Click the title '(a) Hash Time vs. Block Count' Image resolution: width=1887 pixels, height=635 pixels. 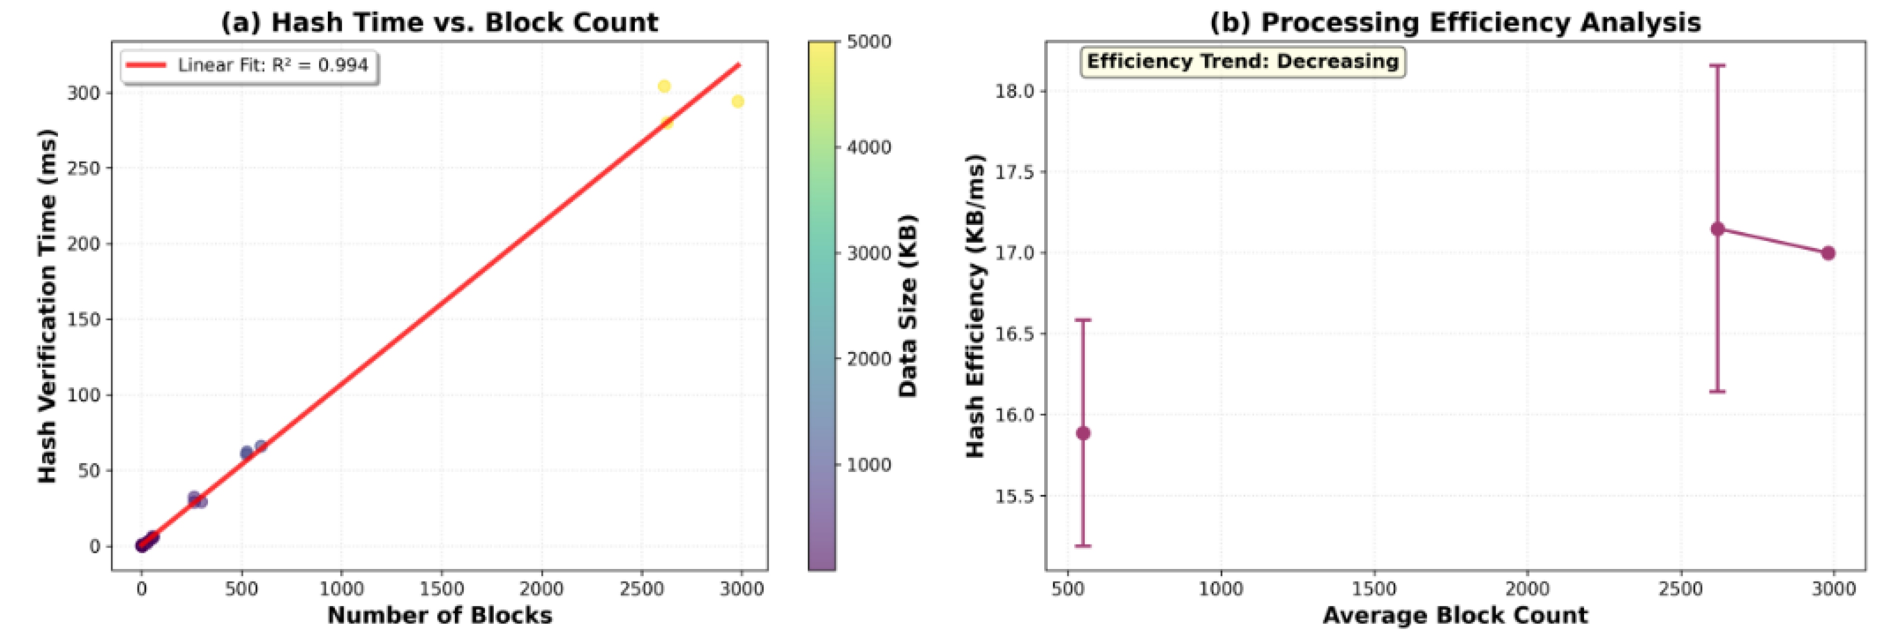[x=439, y=22]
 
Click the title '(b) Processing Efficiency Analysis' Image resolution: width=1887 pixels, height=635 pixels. [x=1455, y=22]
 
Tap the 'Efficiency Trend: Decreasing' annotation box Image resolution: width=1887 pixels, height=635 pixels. [x=1242, y=61]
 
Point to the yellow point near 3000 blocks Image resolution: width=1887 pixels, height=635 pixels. [x=738, y=102]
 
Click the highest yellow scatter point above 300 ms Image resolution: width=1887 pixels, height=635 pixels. [x=664, y=86]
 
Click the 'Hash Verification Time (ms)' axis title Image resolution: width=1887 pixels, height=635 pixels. [x=47, y=306]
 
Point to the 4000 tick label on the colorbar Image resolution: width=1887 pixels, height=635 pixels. [x=869, y=147]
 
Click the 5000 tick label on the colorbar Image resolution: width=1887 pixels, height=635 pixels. [x=869, y=41]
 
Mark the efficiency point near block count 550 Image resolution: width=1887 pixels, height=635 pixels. [x=1083, y=433]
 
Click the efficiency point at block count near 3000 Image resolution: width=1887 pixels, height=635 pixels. [x=1828, y=253]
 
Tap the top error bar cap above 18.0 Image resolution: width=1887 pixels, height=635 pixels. [x=1717, y=66]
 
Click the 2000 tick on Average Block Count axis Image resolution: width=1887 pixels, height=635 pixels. [x=1527, y=589]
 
